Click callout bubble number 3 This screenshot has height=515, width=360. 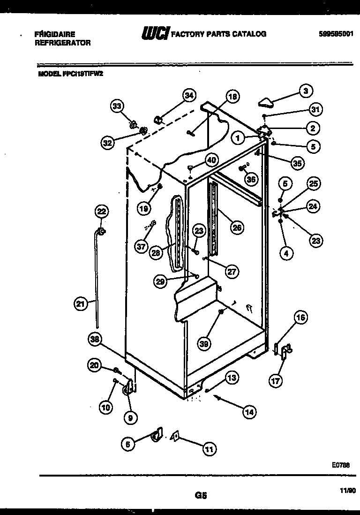(305, 91)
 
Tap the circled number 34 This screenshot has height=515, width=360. (188, 96)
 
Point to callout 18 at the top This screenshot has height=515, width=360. (232, 97)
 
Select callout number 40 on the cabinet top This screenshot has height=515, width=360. (211, 159)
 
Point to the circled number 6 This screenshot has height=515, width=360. (127, 444)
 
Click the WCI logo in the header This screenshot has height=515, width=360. (155, 34)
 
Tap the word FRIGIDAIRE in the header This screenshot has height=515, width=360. (55, 34)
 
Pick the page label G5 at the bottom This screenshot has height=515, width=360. (200, 495)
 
